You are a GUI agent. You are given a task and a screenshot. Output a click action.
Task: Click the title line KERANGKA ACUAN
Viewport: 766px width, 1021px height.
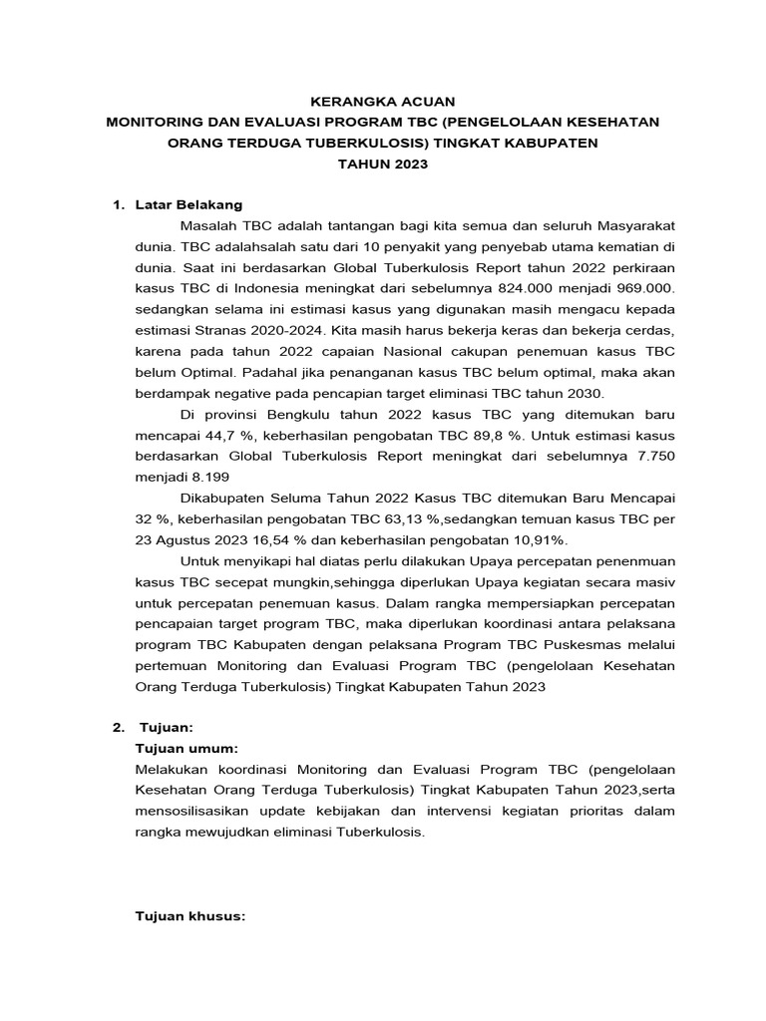point(383,101)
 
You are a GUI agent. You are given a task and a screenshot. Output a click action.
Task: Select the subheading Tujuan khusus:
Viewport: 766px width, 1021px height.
point(190,916)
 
